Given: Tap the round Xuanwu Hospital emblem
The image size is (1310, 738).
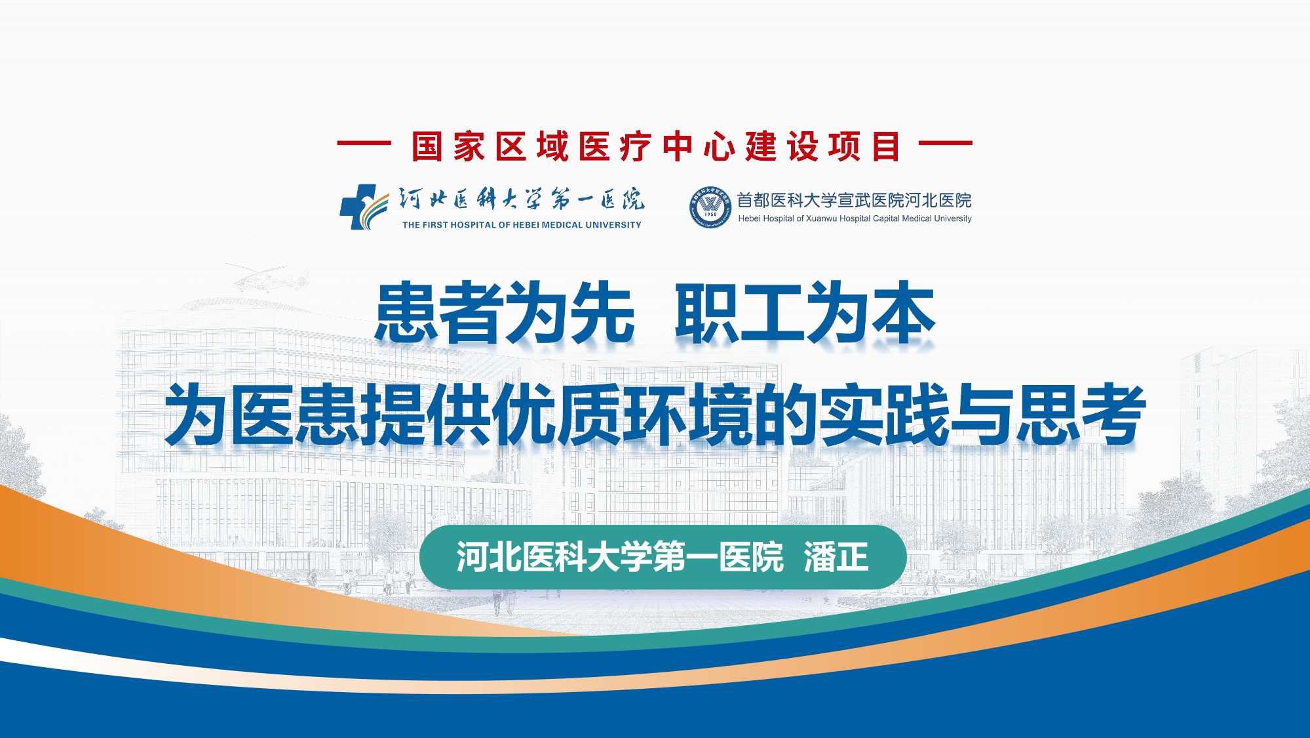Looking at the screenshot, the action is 710,207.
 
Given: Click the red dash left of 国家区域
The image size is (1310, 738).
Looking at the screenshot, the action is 364,143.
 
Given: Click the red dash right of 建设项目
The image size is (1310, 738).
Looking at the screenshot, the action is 946,143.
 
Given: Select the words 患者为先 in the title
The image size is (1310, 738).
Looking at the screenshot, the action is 505,313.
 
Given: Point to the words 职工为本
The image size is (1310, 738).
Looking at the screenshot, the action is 805,313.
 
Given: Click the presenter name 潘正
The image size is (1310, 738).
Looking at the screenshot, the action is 836,557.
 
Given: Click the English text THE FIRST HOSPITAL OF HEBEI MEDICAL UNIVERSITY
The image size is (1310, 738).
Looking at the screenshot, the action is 522,225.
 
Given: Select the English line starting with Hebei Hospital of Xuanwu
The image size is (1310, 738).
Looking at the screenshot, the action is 855,218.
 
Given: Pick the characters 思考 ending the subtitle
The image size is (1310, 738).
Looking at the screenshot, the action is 1080,415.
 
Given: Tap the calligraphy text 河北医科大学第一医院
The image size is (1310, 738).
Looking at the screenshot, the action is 522,199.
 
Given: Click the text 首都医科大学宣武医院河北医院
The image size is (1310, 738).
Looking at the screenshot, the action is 854,200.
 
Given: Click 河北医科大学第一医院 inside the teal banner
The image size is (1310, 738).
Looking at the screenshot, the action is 620,557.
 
